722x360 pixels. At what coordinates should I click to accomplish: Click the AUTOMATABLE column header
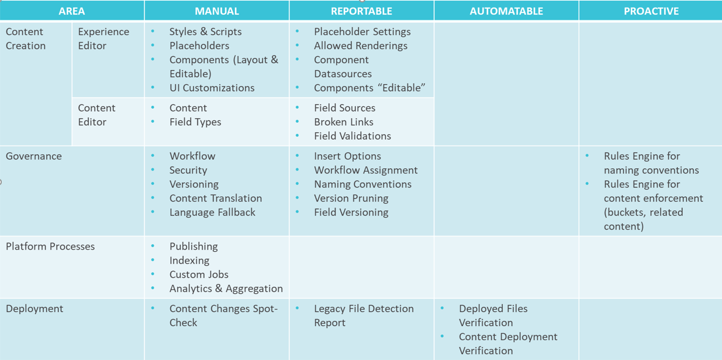(x=506, y=11)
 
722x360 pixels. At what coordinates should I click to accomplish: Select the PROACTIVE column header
(x=651, y=11)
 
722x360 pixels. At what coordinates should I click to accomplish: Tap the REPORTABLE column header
(x=361, y=11)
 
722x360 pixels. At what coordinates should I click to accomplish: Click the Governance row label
(x=34, y=156)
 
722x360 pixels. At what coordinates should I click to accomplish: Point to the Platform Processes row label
(x=50, y=247)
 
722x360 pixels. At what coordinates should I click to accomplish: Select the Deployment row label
(x=34, y=309)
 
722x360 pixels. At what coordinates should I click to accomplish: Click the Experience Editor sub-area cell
(x=103, y=39)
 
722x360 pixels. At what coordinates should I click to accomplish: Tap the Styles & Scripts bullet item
(x=205, y=32)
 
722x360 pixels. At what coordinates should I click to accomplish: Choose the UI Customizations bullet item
(x=212, y=88)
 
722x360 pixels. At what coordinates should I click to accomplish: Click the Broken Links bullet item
(x=343, y=122)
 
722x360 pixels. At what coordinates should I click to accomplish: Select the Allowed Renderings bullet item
(x=360, y=46)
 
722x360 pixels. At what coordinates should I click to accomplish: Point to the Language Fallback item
(x=212, y=212)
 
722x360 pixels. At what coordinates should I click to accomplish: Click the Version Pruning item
(x=351, y=198)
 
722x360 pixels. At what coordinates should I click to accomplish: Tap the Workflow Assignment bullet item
(x=365, y=170)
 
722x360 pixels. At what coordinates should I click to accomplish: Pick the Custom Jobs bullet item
(x=199, y=274)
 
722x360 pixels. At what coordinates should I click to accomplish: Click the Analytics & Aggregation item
(x=226, y=288)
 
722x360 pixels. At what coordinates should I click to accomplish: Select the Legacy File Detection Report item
(x=363, y=316)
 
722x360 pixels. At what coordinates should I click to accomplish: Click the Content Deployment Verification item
(x=507, y=344)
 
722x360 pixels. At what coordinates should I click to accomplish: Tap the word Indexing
(x=189, y=260)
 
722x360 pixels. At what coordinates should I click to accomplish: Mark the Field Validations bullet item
(x=352, y=136)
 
